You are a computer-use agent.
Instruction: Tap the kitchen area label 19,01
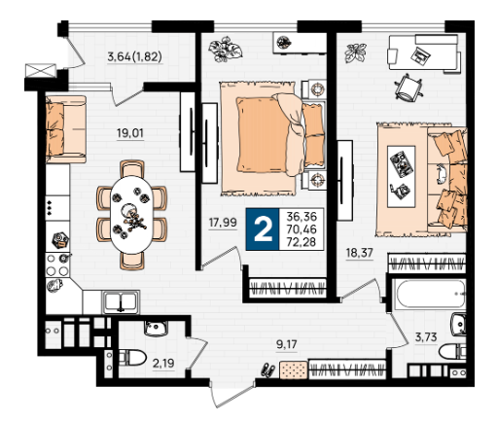[x=130, y=133]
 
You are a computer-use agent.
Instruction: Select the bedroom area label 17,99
[x=223, y=223]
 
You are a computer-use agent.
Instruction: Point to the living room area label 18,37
[x=359, y=253]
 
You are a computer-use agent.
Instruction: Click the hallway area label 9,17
[x=287, y=344]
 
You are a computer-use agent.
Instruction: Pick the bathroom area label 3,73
[x=426, y=337]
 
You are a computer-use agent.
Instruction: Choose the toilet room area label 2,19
[x=163, y=364]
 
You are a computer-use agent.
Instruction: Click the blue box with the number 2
[x=263, y=229]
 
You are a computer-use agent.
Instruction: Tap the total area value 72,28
[x=302, y=242]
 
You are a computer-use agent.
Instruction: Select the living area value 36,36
[x=302, y=216]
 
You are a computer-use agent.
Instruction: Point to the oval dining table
[x=131, y=215]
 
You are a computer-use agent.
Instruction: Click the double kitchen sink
[x=121, y=302]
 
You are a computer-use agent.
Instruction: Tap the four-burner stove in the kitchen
[x=57, y=265]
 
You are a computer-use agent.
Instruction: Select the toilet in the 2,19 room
[x=132, y=358]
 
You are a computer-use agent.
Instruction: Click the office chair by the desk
[x=408, y=88]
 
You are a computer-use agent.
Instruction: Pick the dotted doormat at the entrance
[x=294, y=369]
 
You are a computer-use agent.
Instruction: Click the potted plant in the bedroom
[x=225, y=49]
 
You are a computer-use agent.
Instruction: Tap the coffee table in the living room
[x=402, y=177]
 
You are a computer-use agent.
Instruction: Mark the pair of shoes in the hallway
[x=268, y=369]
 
